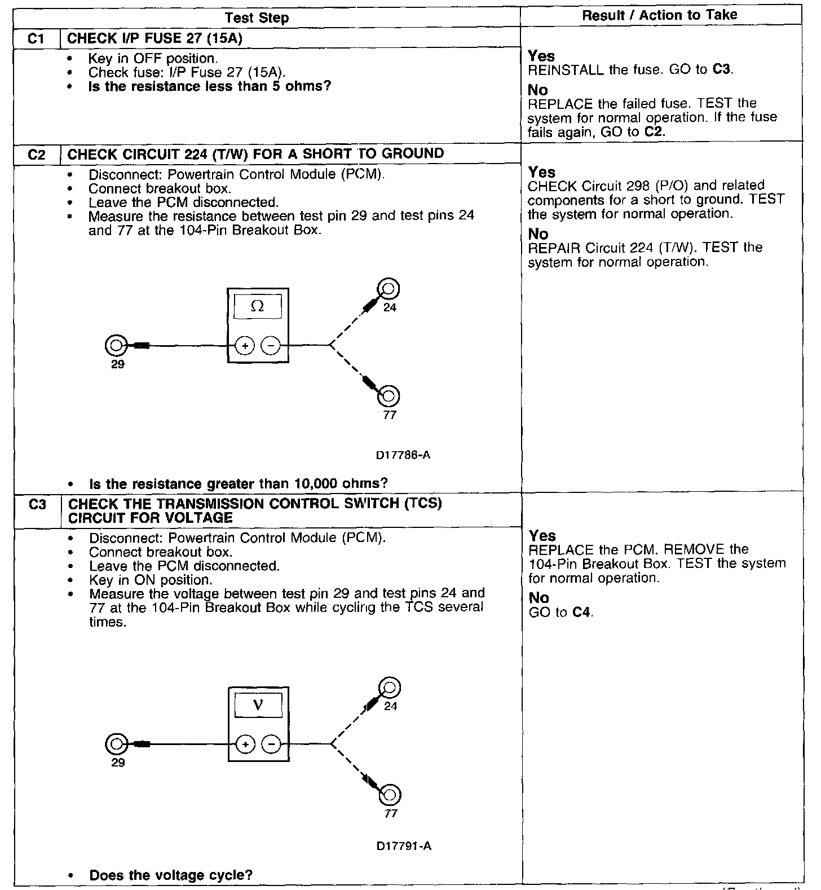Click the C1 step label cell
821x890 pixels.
pyautogui.click(x=36, y=38)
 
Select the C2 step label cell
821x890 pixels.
pyautogui.click(x=36, y=154)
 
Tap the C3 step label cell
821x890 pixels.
pyautogui.click(x=37, y=504)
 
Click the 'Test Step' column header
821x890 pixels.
pyautogui.click(x=257, y=18)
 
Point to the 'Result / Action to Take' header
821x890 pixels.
pyautogui.click(x=659, y=15)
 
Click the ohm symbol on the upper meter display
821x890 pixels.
pyautogui.click(x=258, y=306)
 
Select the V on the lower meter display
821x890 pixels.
pyautogui.click(x=258, y=705)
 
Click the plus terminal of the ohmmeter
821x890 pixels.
pyautogui.click(x=245, y=345)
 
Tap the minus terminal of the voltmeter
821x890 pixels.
pyautogui.click(x=272, y=744)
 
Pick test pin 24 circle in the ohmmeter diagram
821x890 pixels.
pyautogui.click(x=389, y=289)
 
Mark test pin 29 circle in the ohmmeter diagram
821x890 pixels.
pyautogui.click(x=115, y=345)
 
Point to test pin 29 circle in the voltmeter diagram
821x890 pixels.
pyautogui.click(x=116, y=744)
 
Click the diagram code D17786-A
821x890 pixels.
pyautogui.click(x=403, y=455)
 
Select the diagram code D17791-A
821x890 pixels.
pyautogui.click(x=404, y=846)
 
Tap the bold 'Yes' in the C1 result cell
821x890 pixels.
pyautogui.click(x=541, y=56)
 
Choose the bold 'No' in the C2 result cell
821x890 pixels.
pyautogui.click(x=538, y=234)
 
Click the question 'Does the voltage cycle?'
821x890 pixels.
pyautogui.click(x=171, y=875)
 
